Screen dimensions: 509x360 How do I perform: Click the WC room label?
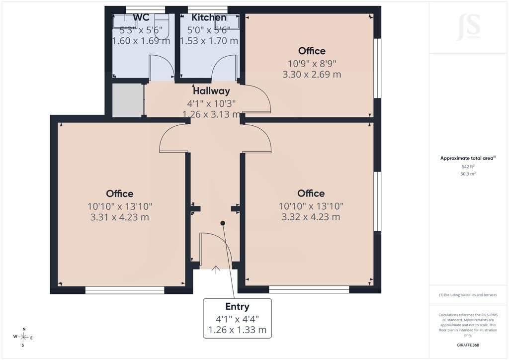[141, 17]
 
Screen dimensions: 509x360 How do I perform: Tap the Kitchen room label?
[209, 17]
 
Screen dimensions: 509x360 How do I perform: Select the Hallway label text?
[211, 91]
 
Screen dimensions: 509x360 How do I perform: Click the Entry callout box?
[237, 318]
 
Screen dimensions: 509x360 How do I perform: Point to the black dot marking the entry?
[223, 223]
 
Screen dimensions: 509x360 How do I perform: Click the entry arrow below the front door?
[216, 270]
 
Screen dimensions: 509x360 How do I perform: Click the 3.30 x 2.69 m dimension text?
[312, 75]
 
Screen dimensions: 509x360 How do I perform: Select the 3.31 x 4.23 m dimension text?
[119, 217]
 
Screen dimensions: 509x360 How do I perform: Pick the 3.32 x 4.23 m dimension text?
[311, 217]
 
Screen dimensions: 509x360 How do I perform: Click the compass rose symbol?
[23, 337]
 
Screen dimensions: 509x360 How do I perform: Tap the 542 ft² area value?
[468, 167]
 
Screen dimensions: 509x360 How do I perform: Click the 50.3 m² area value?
[468, 174]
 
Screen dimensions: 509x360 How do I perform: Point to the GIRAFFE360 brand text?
[468, 345]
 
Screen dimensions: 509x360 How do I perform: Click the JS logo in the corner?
[468, 27]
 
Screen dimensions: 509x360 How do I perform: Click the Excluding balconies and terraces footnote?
[468, 295]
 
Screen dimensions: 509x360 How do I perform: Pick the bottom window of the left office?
[125, 290]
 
